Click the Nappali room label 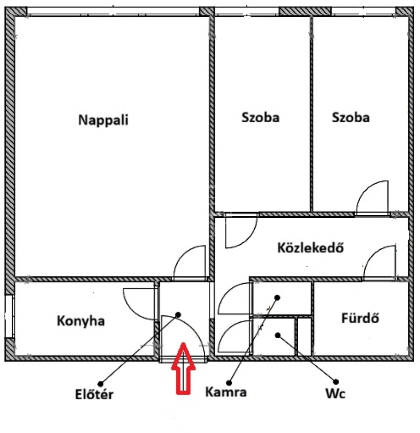tap(103, 120)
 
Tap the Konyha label tap(81, 321)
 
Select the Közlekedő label tap(310, 247)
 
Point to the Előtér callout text tap(94, 394)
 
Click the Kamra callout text tap(226, 392)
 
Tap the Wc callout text tap(336, 393)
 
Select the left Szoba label tap(260, 117)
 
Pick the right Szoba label tap(351, 117)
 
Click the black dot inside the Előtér tap(178, 314)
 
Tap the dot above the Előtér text tap(100, 383)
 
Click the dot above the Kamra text tap(229, 383)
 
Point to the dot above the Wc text tap(336, 382)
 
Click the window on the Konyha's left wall tap(9, 317)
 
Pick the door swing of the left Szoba tap(249, 238)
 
